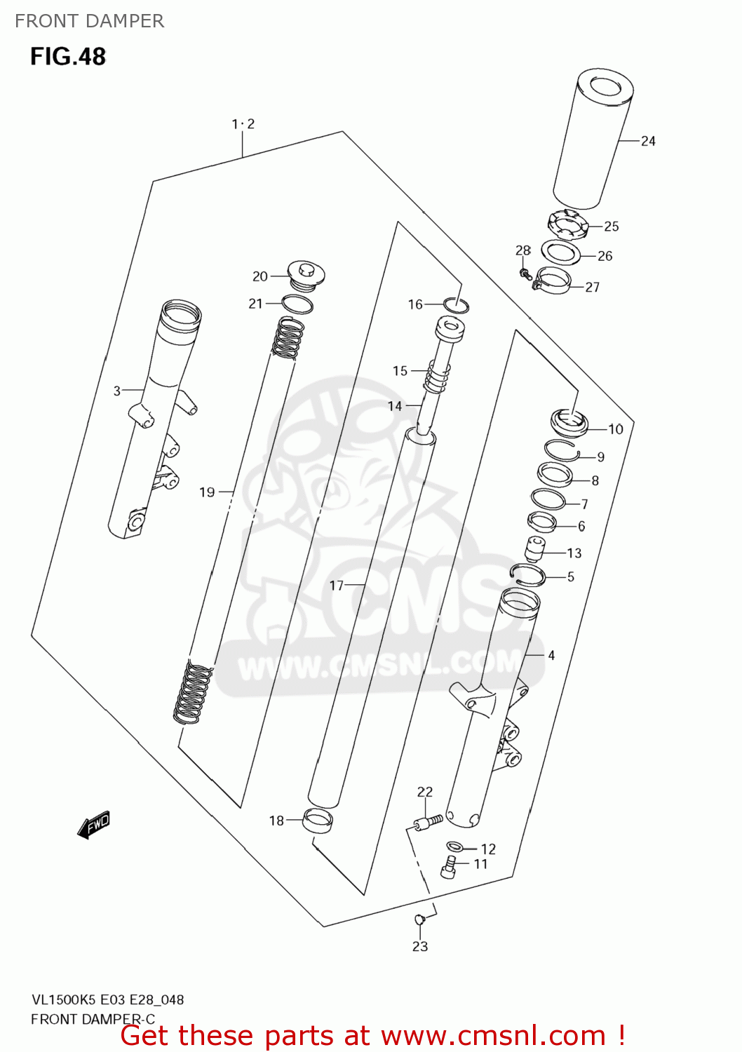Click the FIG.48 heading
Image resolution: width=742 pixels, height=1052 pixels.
[67, 56]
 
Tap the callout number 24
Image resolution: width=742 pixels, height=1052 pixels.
[648, 141]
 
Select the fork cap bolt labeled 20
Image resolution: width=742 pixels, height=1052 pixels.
[306, 274]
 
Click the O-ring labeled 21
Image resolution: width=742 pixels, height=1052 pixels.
[297, 304]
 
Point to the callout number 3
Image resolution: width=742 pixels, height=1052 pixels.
[117, 391]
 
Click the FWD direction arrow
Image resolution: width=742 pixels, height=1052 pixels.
[94, 825]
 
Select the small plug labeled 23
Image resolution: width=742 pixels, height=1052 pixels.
[420, 919]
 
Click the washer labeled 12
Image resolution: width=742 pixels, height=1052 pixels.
[454, 847]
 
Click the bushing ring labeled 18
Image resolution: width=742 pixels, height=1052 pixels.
[317, 820]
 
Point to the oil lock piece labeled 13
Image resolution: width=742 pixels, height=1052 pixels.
[537, 548]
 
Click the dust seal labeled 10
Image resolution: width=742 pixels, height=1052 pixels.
[569, 423]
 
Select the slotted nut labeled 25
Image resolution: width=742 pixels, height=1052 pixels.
[565, 225]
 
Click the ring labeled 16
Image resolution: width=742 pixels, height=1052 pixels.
[456, 305]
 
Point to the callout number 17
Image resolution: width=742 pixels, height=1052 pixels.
[337, 585]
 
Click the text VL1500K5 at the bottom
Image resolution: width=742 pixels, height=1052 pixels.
[63, 999]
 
